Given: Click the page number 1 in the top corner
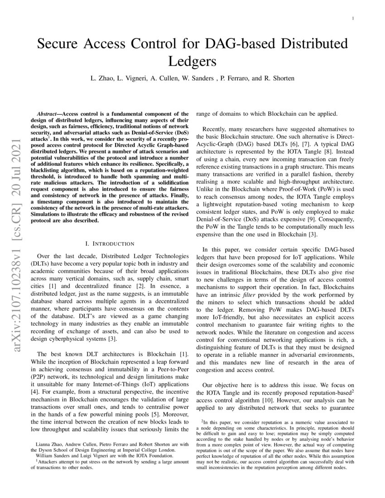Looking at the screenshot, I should [x=352, y=18].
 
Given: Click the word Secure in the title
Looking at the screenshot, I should [x=59, y=44].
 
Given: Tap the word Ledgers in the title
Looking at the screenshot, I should [x=192, y=61].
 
